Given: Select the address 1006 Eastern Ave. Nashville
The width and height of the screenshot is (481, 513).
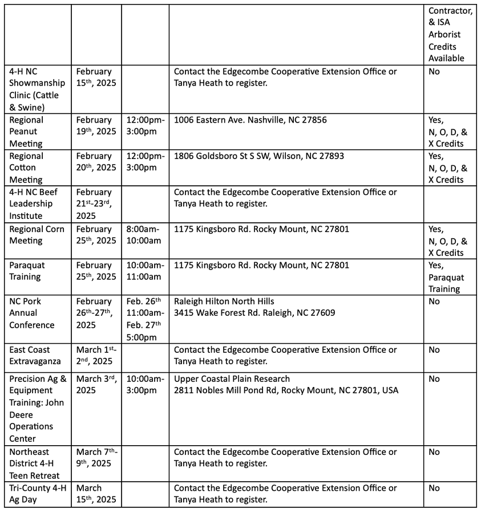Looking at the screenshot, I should point(250,120).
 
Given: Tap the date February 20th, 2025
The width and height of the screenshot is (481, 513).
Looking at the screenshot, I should point(95,162).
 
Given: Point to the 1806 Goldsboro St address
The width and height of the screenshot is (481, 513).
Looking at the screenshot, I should point(258,156).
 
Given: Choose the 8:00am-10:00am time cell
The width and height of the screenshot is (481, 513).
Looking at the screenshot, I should point(144,235).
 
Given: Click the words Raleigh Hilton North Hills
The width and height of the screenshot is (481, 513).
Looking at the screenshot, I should point(224,301).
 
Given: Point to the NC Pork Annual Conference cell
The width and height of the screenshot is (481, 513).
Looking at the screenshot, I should point(32,313).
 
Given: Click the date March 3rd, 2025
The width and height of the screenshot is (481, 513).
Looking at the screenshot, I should point(95,385).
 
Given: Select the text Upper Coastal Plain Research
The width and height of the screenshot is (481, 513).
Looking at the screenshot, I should point(232,379).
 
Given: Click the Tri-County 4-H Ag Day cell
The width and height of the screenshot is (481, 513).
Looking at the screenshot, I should point(38,494).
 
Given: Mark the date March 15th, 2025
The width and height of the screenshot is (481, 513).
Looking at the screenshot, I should point(95,494).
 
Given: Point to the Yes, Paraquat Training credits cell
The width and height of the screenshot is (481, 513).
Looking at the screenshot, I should point(446,277).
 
